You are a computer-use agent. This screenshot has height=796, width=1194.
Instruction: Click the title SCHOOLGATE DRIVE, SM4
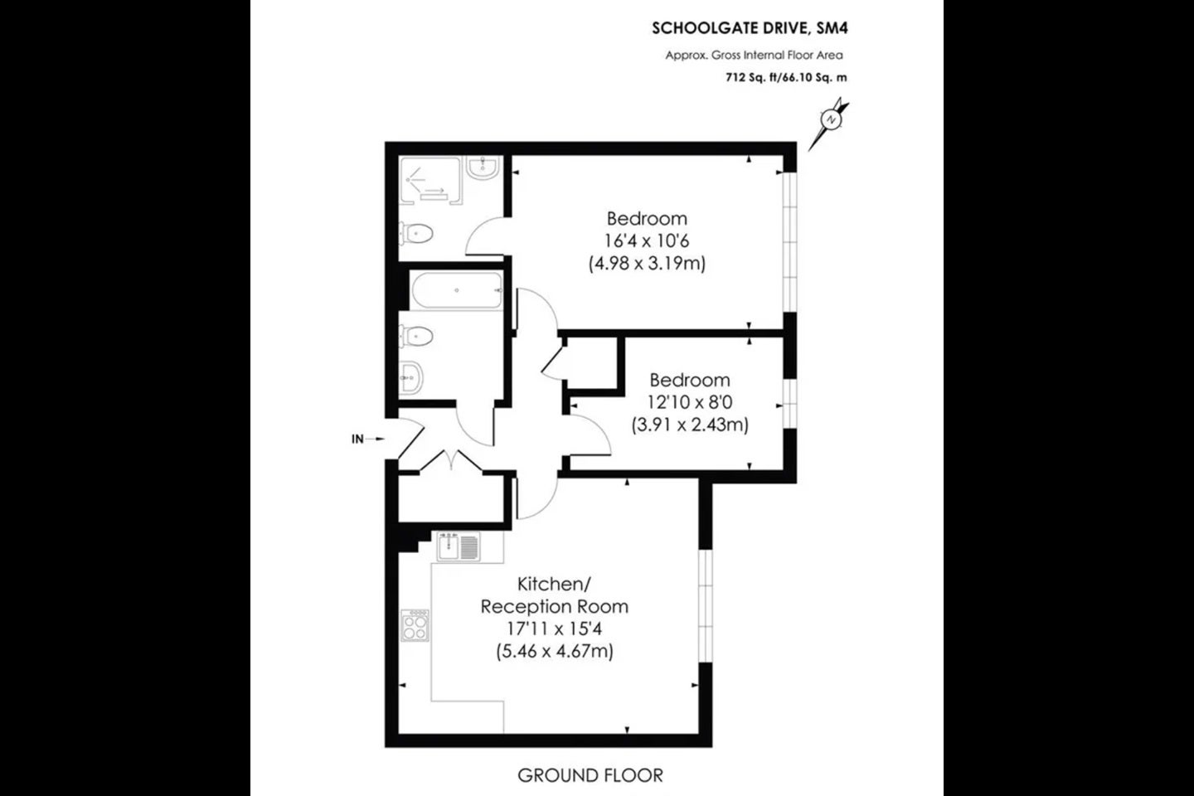(x=750, y=28)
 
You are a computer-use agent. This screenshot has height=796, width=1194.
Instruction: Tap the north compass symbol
(x=829, y=123)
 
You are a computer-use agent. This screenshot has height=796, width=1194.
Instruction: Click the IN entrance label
(x=357, y=439)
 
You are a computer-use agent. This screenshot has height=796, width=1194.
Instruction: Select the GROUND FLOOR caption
(x=590, y=775)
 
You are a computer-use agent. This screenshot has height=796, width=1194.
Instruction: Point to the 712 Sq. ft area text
(x=752, y=77)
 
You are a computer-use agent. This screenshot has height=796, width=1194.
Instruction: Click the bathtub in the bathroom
(x=457, y=290)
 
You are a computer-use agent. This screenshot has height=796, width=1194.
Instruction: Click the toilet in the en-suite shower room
(x=416, y=234)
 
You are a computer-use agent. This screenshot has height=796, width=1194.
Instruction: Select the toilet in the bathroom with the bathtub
(x=416, y=337)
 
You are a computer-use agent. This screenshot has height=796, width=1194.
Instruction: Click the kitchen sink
(x=459, y=546)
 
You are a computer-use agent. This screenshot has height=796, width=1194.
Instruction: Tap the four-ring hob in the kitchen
(x=415, y=625)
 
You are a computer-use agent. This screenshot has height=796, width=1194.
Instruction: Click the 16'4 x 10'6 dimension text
(x=647, y=241)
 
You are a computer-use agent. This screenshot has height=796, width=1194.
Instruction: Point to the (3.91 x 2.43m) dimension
(x=690, y=425)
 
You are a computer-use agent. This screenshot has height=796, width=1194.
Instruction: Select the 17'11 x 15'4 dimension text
(x=555, y=629)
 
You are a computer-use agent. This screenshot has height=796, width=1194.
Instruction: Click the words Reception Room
(x=555, y=607)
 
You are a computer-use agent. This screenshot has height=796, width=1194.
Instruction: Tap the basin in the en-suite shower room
(x=483, y=167)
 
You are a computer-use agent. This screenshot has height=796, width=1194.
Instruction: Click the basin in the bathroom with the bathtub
(x=411, y=378)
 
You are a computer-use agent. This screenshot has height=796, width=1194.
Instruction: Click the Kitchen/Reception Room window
(x=705, y=606)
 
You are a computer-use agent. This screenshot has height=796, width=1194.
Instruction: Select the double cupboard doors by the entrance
(x=451, y=460)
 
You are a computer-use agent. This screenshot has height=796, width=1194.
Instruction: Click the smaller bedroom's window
(x=790, y=404)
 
